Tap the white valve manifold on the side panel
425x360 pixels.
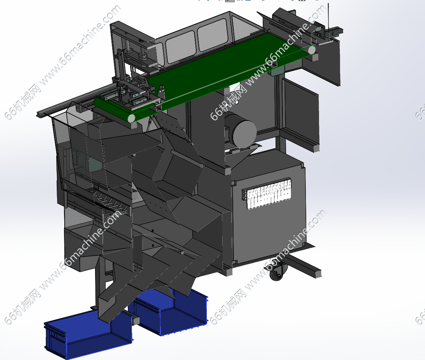[x=267, y=194]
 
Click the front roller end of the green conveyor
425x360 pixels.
[x=131, y=118]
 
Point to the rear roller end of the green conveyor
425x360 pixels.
[x=311, y=50]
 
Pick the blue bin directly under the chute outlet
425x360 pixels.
[x=88, y=334]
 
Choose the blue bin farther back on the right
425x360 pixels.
[x=171, y=311]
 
